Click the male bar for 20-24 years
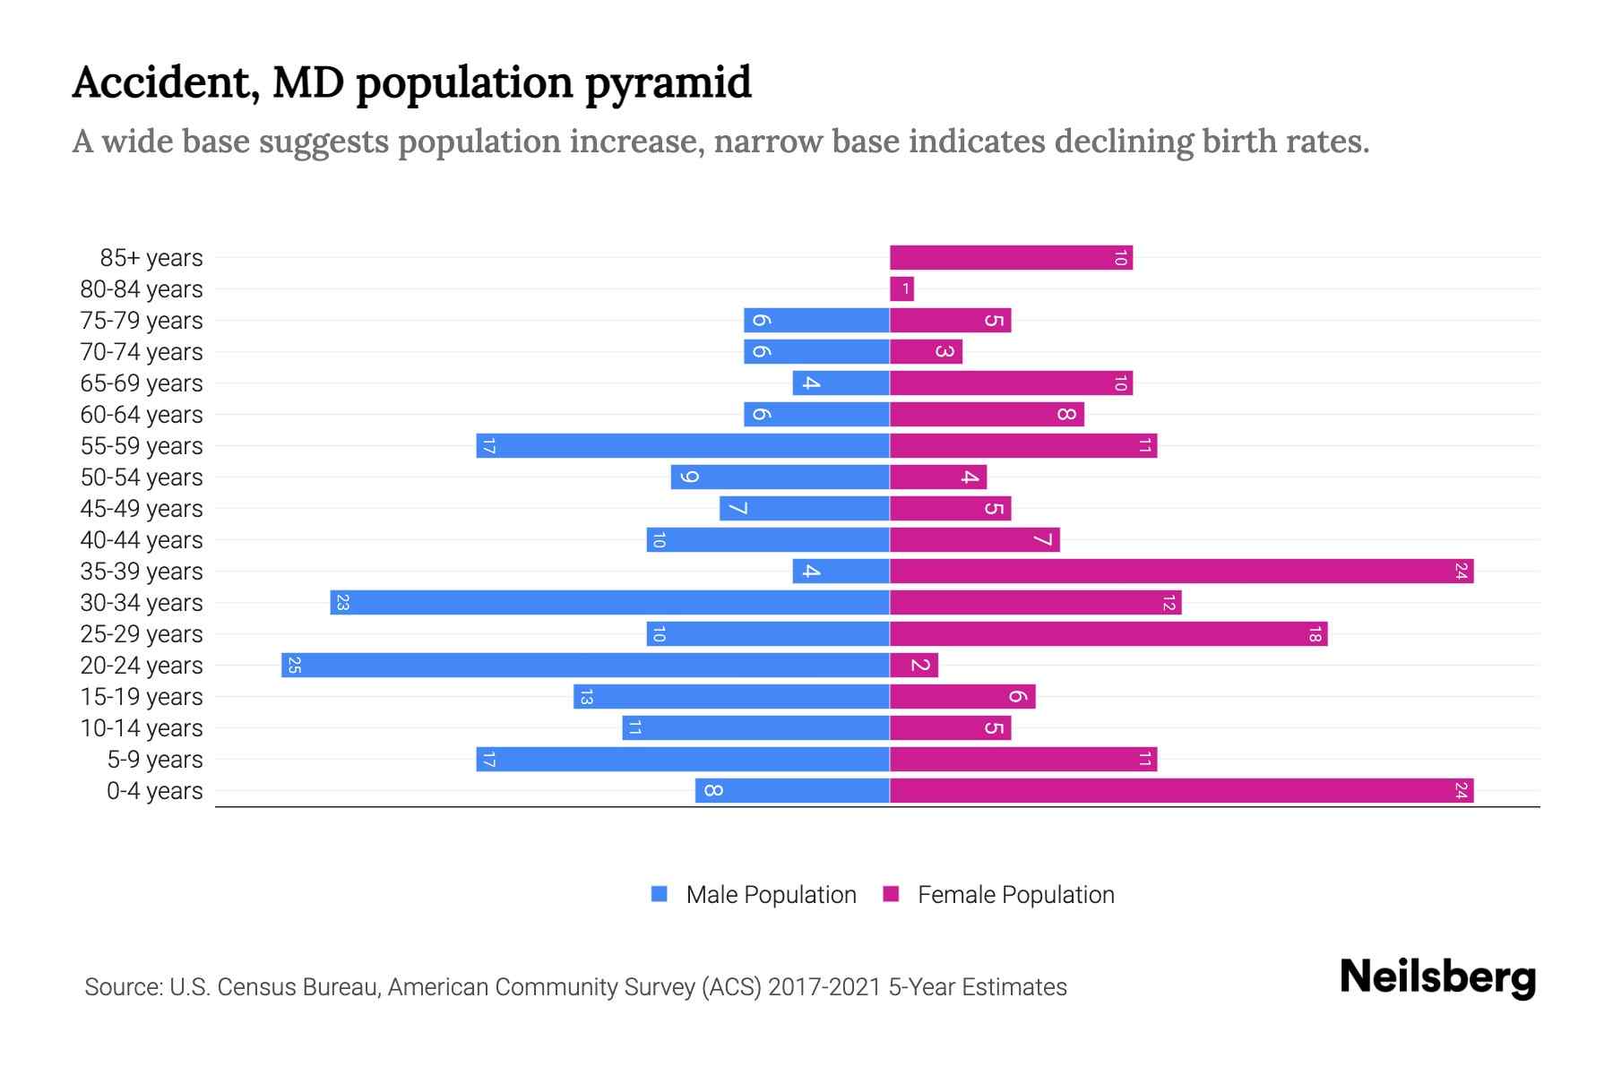pos(585,666)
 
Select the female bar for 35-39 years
pos(1181,572)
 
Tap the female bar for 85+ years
pos(1011,258)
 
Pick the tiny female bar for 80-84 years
pos(901,289)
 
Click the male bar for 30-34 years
pos(609,603)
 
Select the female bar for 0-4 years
pos(1181,791)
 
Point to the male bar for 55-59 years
pos(683,446)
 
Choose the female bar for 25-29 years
pos(1108,634)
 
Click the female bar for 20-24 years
pos(914,666)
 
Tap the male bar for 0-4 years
pos(792,791)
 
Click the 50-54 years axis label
pos(142,477)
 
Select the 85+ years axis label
pos(151,258)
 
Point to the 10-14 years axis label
pos(142,728)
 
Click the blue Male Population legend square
pos(660,894)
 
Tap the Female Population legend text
pos(1015,895)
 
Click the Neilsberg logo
pos(1437,977)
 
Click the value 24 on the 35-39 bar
pos(1461,572)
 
